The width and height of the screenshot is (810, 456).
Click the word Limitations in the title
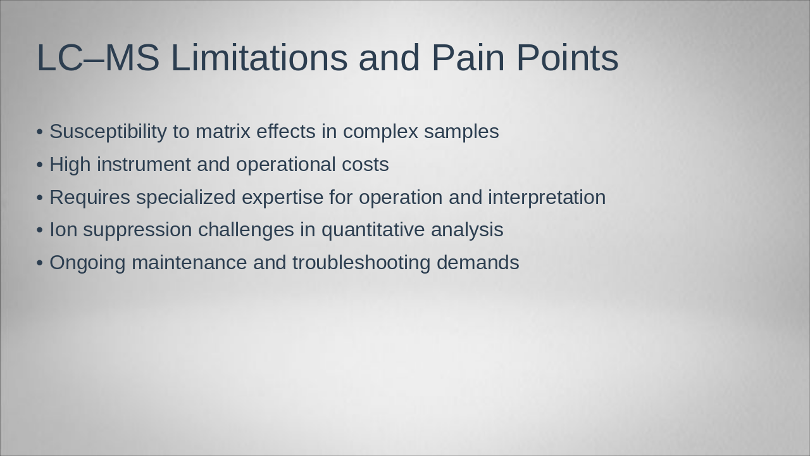[x=259, y=58]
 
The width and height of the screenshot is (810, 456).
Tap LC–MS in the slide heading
[x=98, y=58]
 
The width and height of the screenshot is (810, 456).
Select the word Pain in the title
[x=468, y=58]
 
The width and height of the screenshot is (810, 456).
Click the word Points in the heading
[x=567, y=58]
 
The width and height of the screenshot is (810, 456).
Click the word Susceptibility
[x=108, y=132]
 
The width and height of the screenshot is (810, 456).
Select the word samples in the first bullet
[x=461, y=132]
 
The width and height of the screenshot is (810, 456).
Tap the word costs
[x=365, y=165]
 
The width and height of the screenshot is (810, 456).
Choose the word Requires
[x=90, y=198]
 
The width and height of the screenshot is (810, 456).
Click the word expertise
[x=282, y=198]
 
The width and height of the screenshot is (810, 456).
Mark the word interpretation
[x=547, y=198]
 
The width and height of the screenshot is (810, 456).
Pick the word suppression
[x=137, y=230]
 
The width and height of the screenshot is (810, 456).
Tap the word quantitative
[x=373, y=230]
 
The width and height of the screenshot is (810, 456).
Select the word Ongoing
[x=87, y=263]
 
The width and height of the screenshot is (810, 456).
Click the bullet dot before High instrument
[x=40, y=165]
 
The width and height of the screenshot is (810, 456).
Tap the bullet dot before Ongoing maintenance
[x=40, y=263]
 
